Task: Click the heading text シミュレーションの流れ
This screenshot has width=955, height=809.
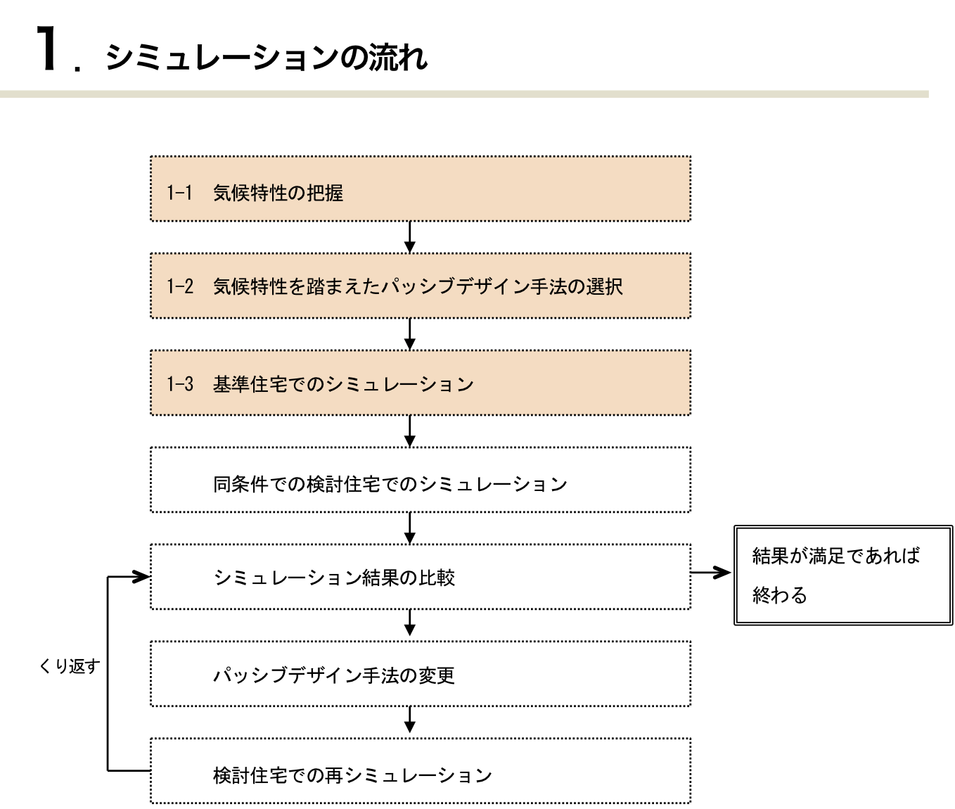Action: pos(266,58)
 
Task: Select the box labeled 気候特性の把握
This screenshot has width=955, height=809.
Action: pos(420,189)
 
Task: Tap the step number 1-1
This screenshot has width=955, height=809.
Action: pos(179,193)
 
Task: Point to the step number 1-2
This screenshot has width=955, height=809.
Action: pos(180,286)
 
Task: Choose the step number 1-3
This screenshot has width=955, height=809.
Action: pos(180,384)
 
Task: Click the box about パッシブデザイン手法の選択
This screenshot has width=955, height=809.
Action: pos(420,286)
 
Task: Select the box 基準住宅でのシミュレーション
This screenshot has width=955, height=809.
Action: pos(420,383)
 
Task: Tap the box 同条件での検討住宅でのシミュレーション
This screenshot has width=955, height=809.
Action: pos(420,480)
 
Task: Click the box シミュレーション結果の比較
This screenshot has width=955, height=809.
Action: pos(420,577)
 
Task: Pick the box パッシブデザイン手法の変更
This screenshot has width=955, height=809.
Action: pos(420,674)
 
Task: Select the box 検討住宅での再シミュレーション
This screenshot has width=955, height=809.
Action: pos(420,771)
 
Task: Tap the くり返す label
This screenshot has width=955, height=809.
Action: pos(70,666)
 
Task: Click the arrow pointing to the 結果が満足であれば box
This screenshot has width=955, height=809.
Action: pos(711,573)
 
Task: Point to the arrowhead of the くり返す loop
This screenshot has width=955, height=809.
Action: pos(141,576)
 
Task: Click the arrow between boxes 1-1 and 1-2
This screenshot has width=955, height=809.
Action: pos(410,237)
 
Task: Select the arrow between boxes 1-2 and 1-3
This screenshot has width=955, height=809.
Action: pos(410,334)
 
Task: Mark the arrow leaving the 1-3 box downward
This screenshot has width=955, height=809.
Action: pos(410,431)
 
